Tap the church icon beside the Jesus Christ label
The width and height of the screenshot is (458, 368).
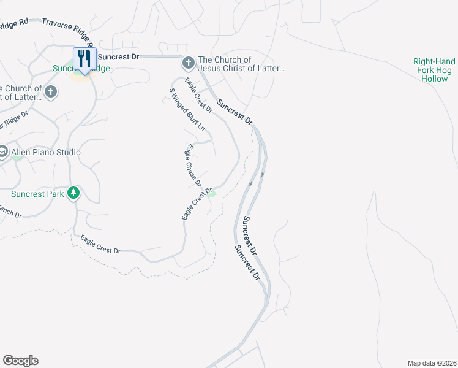click(x=189, y=63)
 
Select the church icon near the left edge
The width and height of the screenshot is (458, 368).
click(x=51, y=93)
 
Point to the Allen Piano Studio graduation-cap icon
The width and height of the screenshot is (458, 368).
click(x=2, y=151)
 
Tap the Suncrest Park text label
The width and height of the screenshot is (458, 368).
click(x=37, y=194)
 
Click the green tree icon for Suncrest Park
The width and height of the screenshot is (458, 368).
click(x=73, y=193)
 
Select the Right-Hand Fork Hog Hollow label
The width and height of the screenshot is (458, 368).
click(x=435, y=70)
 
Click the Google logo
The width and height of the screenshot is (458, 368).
click(x=20, y=361)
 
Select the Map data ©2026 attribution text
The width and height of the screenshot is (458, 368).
click(x=432, y=363)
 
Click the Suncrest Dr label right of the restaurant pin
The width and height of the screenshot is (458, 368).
click(x=119, y=56)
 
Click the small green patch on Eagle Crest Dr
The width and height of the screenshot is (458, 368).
click(x=212, y=194)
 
